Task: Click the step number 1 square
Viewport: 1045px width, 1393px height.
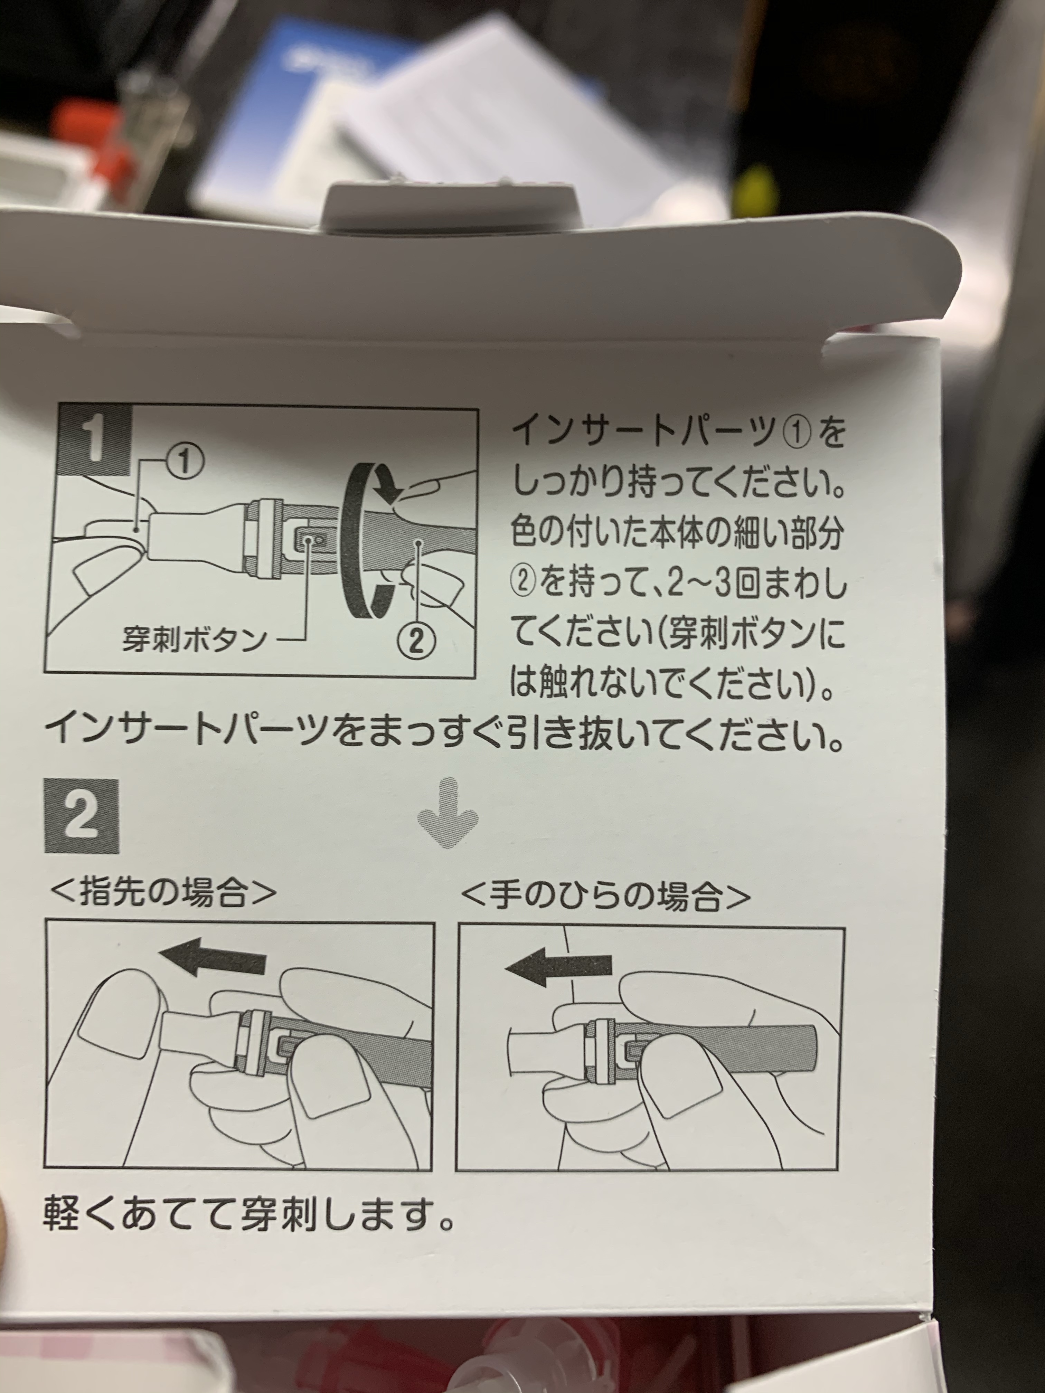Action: [x=94, y=441]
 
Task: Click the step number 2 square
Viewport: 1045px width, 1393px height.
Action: [x=82, y=816]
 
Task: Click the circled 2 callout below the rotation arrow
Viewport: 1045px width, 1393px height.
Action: [x=416, y=641]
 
